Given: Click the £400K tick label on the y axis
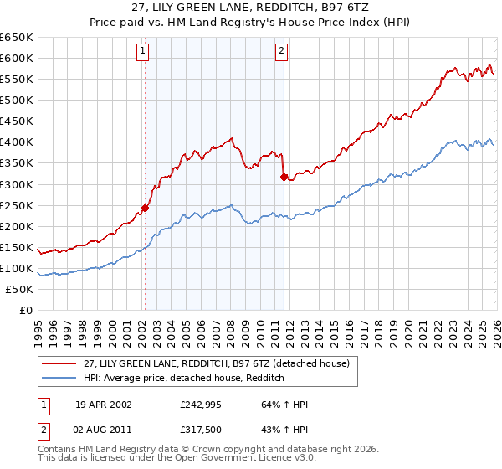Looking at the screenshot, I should [x=17, y=142].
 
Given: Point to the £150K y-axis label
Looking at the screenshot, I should [x=17, y=247].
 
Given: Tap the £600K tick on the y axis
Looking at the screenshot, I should [x=17, y=58].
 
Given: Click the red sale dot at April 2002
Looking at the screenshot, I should [x=145, y=208].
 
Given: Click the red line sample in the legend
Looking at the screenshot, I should [x=59, y=363].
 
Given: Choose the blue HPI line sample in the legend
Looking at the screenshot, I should [x=59, y=378].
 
